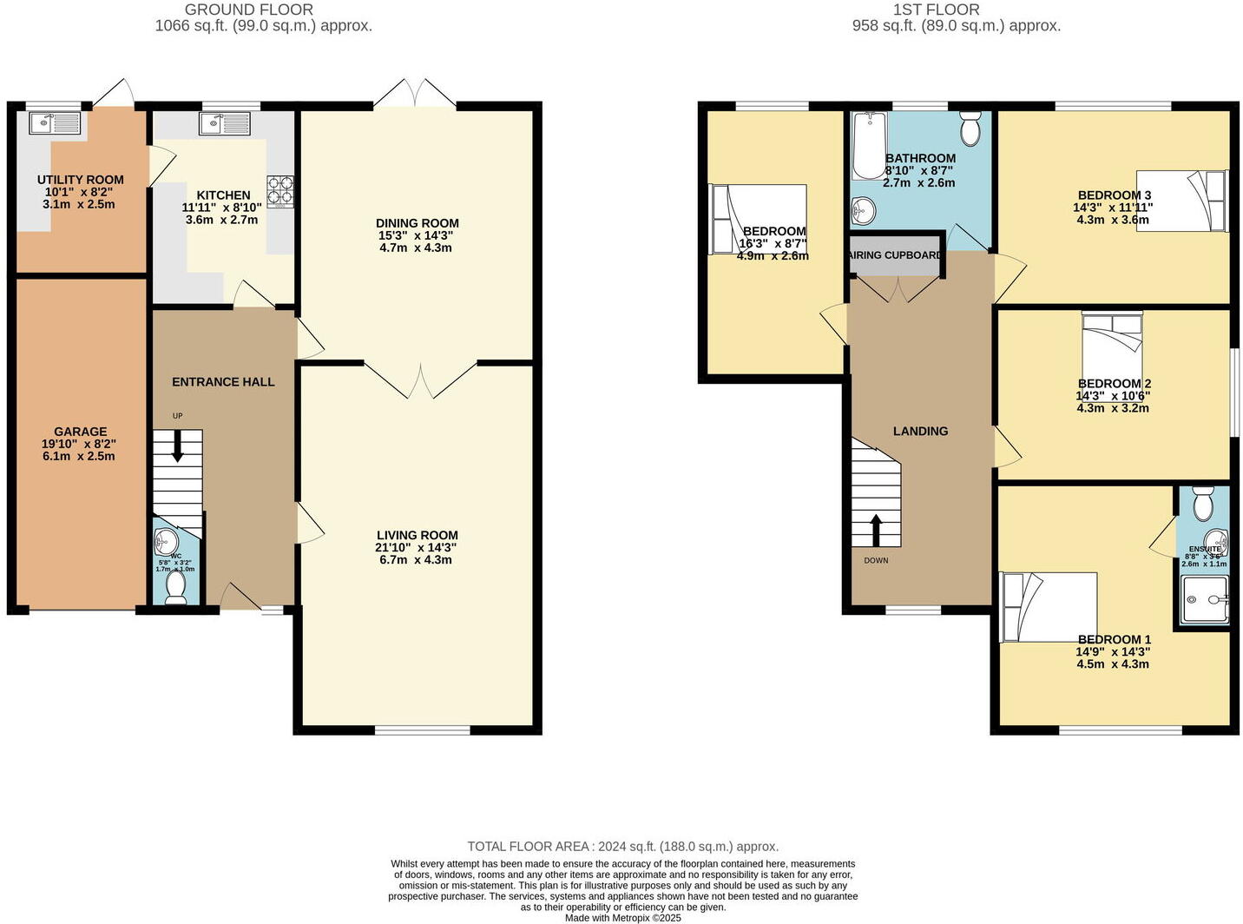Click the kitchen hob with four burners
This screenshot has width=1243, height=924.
click(280, 191)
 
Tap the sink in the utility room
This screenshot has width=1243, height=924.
click(54, 123)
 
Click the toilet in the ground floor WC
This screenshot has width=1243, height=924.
click(176, 587)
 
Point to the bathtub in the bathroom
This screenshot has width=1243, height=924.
click(867, 145)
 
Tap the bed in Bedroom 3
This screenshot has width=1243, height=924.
click(1182, 201)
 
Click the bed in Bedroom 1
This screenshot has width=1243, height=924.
click(1048, 606)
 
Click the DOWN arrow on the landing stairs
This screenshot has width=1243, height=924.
click(876, 530)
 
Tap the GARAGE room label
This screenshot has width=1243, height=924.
click(81, 432)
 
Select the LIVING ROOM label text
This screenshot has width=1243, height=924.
click(417, 536)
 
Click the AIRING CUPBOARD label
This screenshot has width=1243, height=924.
click(895, 255)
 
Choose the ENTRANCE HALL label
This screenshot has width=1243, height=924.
click(223, 382)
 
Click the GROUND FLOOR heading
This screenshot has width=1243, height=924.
click(249, 10)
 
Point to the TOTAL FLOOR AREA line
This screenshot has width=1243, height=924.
click(622, 846)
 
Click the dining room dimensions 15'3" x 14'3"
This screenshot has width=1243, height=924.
click(416, 235)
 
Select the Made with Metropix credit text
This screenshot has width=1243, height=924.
click(622, 917)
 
